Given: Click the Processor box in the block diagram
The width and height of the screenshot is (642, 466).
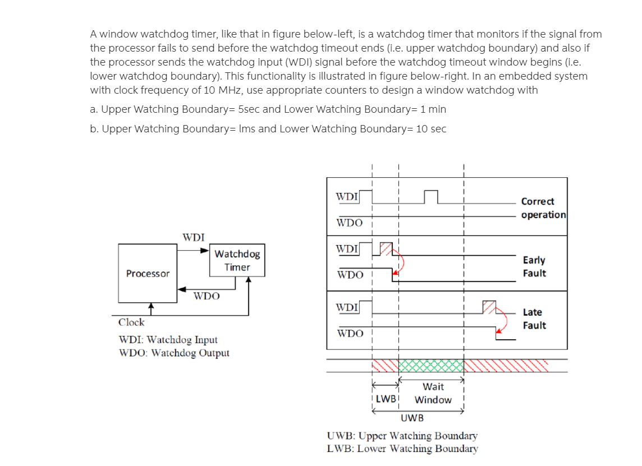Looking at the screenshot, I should [148, 273].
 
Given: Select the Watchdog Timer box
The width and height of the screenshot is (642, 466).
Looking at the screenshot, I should [237, 261].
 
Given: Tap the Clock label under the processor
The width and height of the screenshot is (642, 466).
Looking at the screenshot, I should [131, 322].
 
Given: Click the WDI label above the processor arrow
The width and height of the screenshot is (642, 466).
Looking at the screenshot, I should [194, 237].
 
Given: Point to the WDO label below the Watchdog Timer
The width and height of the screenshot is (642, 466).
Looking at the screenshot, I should [207, 296].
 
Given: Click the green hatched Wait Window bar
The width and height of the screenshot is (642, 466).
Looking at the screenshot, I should [431, 366].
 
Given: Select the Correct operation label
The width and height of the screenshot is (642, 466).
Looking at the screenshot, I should [543, 208].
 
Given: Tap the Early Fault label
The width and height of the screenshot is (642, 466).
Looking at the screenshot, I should [534, 266].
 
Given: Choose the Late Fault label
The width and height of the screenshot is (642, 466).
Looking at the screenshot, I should [534, 319].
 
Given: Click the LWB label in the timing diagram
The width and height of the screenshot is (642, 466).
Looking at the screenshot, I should [386, 399].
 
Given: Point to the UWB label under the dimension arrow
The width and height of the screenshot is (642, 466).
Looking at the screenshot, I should [412, 418].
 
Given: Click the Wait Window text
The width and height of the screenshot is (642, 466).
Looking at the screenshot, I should [433, 393].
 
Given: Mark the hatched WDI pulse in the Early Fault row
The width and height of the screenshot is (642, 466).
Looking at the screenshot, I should [387, 248].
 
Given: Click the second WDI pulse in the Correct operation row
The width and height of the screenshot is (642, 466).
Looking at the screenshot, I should [430, 197].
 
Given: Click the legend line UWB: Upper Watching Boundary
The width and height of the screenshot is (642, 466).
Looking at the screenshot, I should [402, 436].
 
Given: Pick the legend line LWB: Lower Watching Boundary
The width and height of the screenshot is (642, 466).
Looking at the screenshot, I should [402, 449].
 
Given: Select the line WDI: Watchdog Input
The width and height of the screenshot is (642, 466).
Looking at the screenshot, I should [168, 340].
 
